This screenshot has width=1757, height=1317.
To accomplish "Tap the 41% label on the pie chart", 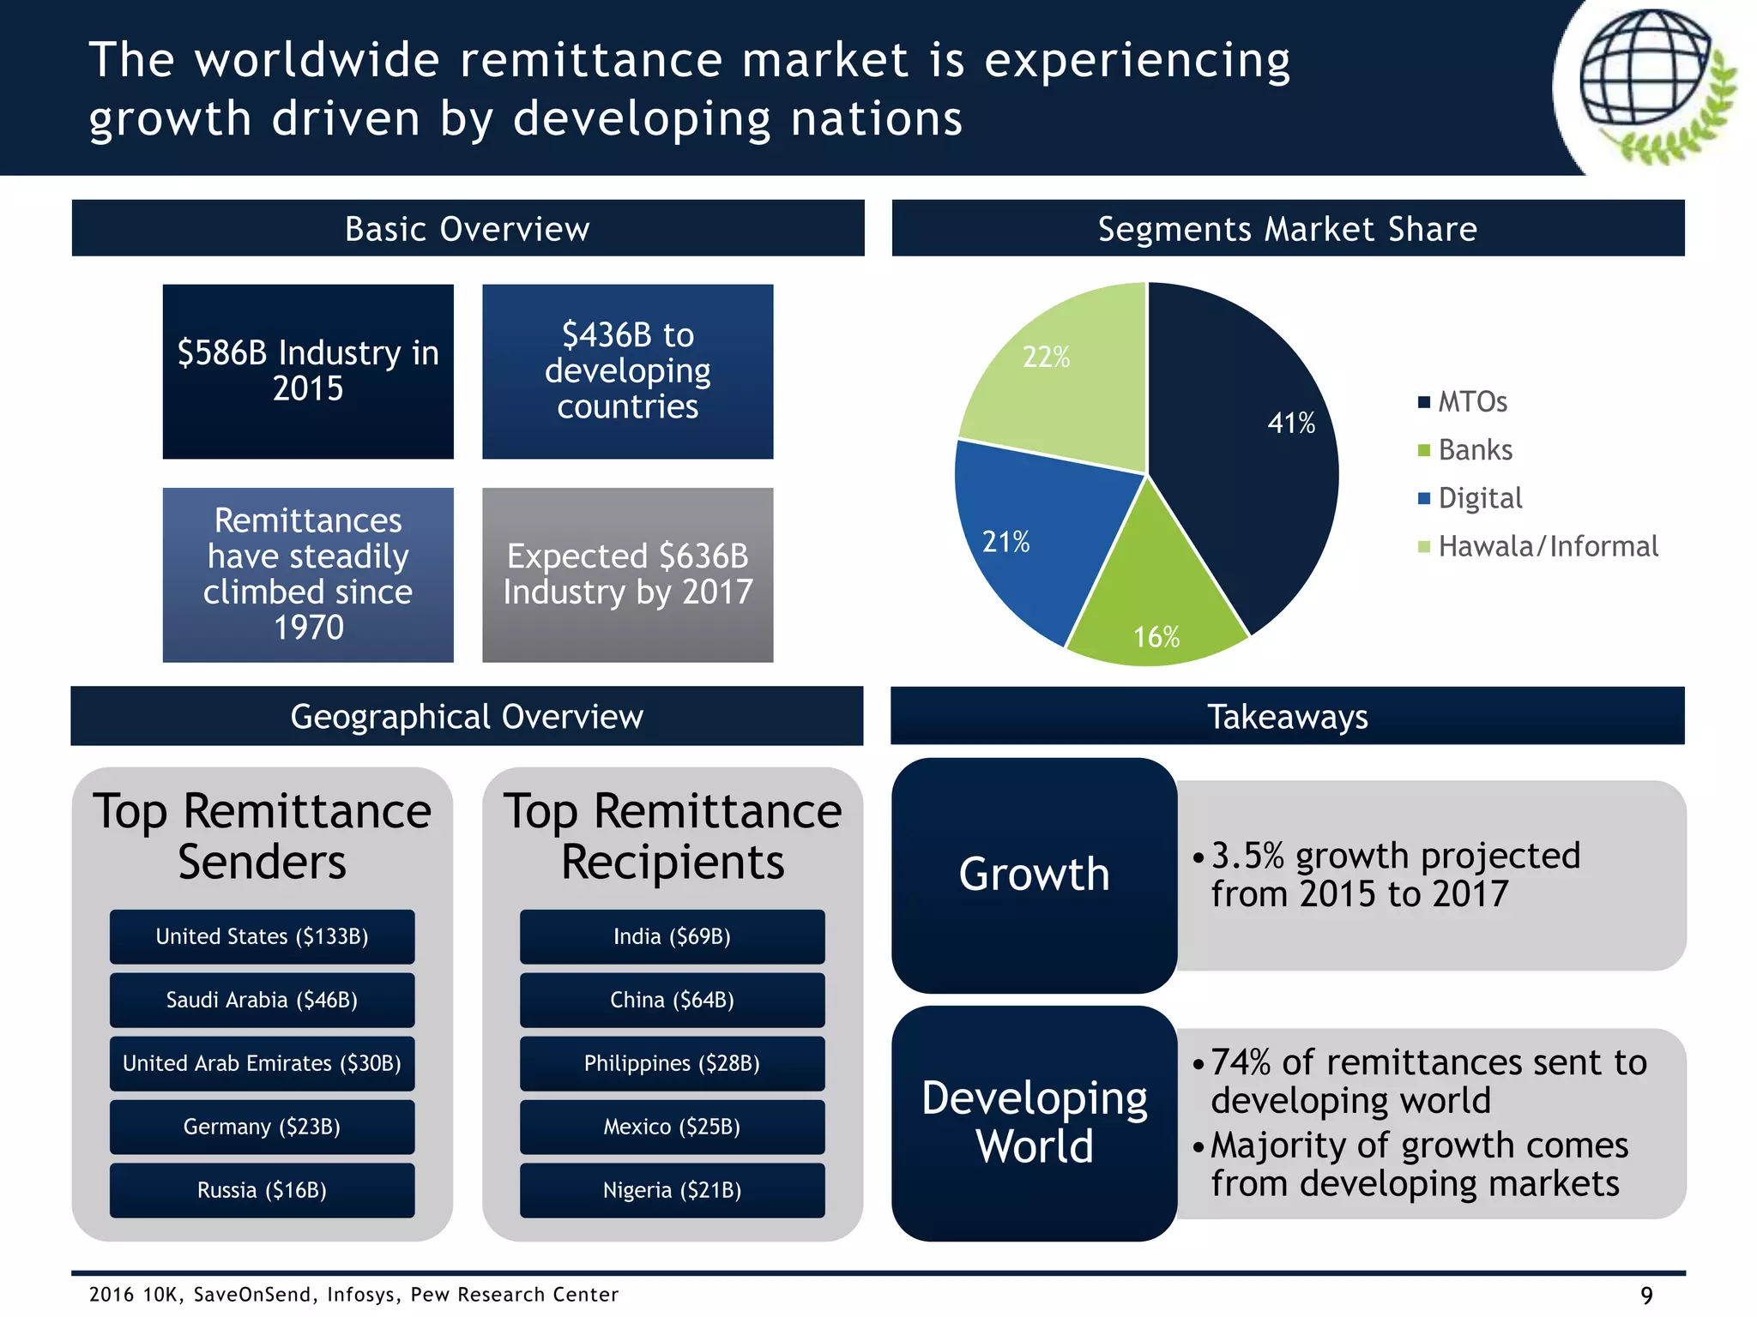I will pos(1291,423).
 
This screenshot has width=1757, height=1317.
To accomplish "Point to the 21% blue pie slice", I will pos(1029,540).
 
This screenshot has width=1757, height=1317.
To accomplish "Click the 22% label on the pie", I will pos(1046,357).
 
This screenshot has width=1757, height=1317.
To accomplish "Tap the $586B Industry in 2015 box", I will pos(308,371).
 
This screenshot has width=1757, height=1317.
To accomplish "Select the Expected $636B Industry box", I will pos(627,574).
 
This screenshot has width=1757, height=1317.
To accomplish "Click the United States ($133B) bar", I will pos(262,936).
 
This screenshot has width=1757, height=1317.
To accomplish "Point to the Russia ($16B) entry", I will pos(262,1190).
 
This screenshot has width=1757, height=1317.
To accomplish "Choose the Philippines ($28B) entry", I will pos(672,1063).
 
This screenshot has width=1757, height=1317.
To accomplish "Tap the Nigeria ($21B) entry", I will pos(672,1190).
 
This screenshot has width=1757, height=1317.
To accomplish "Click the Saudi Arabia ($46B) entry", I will pos(262,1000).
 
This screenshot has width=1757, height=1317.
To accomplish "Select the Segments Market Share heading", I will pos(1287,229).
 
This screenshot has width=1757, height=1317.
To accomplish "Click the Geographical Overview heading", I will pos(467,716).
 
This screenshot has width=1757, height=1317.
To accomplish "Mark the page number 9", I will pos(1646,1295).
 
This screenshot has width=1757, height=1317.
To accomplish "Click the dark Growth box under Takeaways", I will pos(1034,875).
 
